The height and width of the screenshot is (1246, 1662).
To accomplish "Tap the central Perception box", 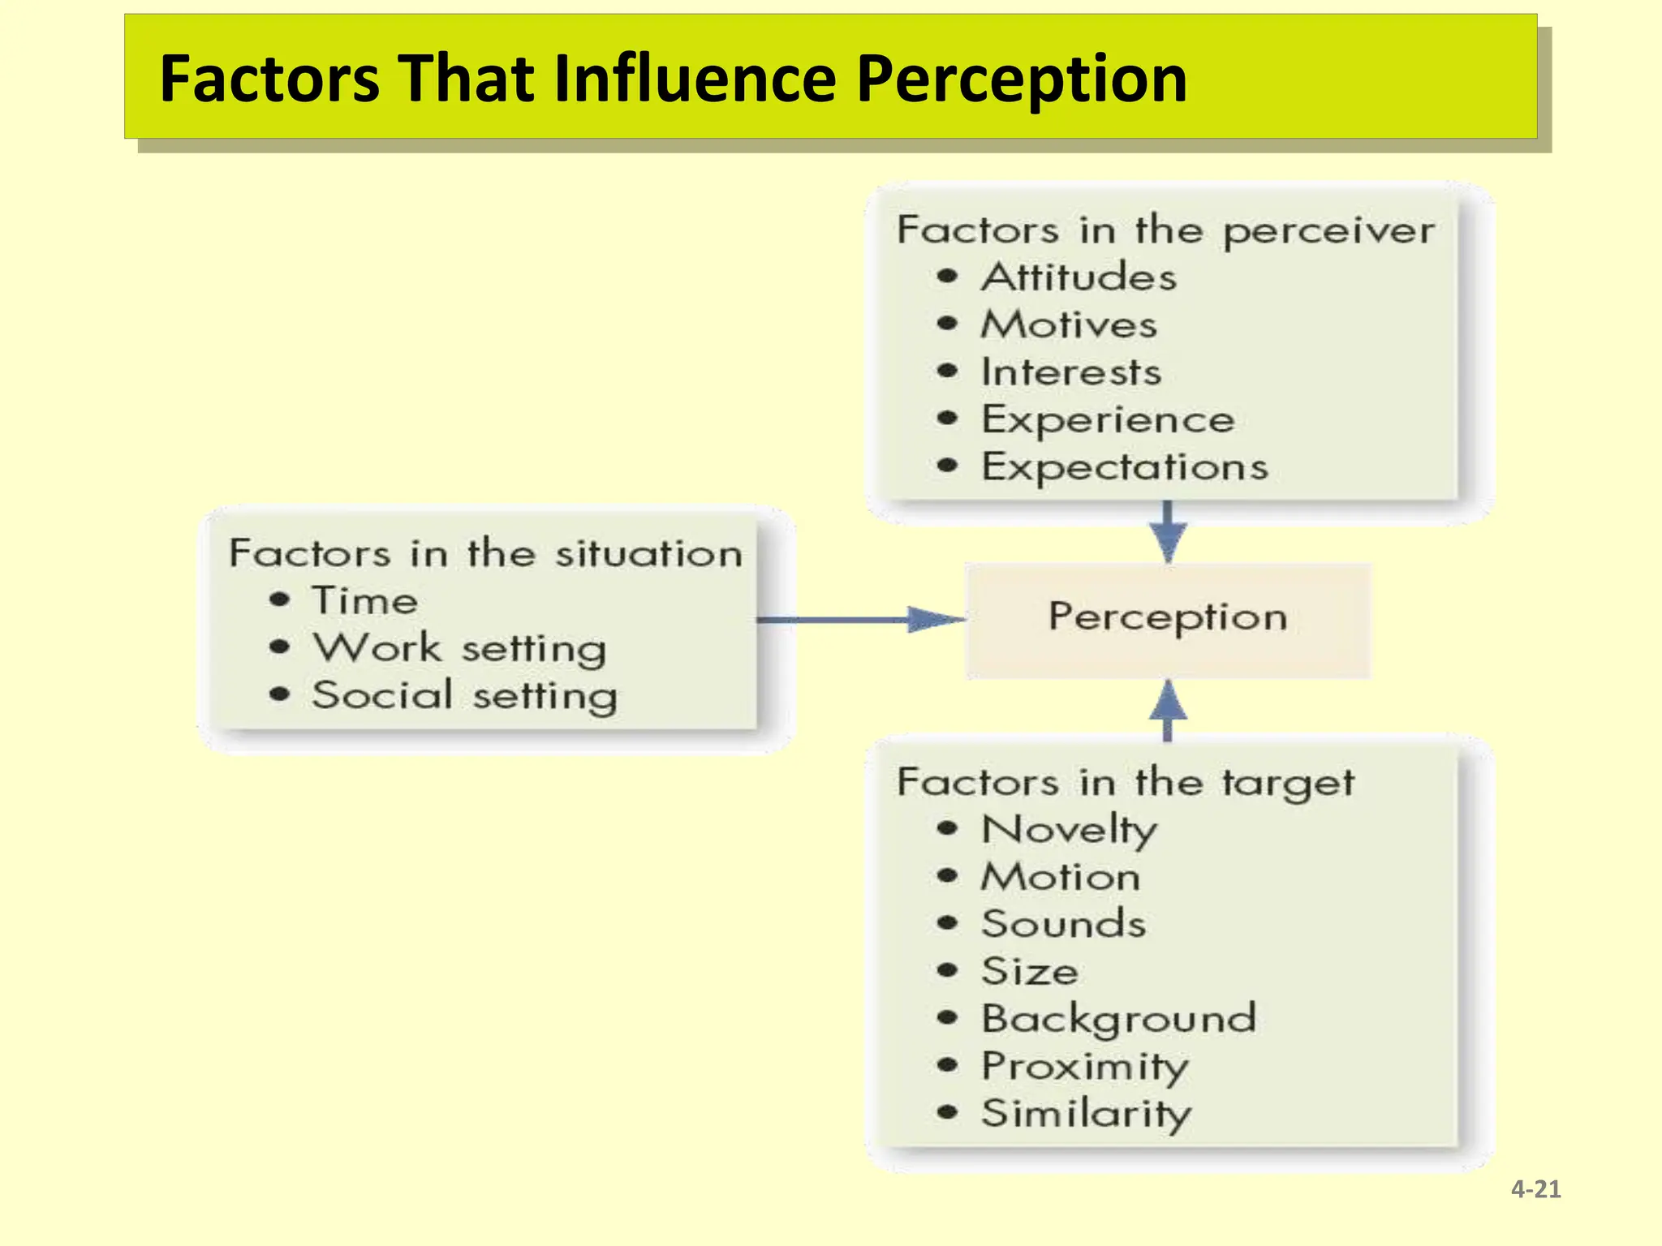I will pyautogui.click(x=1167, y=619).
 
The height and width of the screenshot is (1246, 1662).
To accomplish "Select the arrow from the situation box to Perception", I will pyautogui.click(x=860, y=620).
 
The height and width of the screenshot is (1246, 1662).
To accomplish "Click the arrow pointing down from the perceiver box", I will pyautogui.click(x=1168, y=532).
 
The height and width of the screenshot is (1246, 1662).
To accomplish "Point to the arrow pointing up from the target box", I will pyautogui.click(x=1168, y=709).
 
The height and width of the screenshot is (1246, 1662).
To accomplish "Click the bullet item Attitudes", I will pyautogui.click(x=1079, y=277).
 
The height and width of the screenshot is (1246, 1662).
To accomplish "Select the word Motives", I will pyautogui.click(x=1069, y=325).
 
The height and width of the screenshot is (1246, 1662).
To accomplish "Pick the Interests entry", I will pyautogui.click(x=1071, y=372).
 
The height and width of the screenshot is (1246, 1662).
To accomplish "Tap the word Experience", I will pyautogui.click(x=1108, y=420).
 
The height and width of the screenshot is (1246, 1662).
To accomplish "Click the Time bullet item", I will pyautogui.click(x=365, y=601).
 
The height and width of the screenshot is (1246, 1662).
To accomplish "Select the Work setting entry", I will pyautogui.click(x=459, y=649).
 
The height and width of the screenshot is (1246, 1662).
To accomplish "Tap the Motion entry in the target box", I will pyautogui.click(x=1061, y=877).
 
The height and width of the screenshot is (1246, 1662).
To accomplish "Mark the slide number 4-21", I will pyautogui.click(x=1535, y=1189).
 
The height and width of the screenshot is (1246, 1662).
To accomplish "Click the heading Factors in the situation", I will pyautogui.click(x=485, y=554).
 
